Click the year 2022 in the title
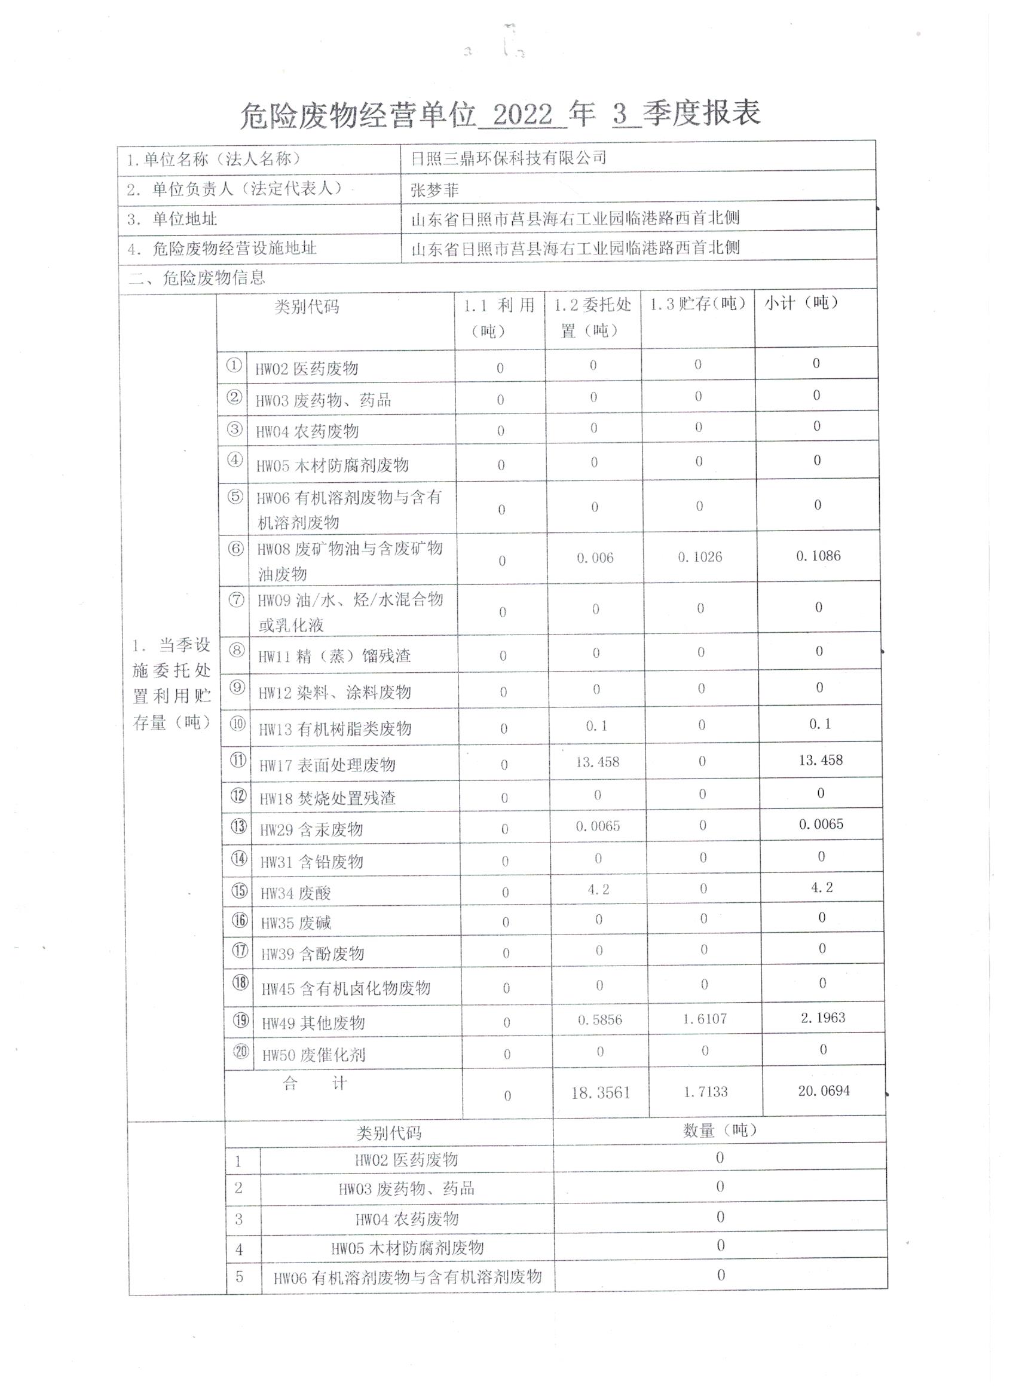(x=522, y=115)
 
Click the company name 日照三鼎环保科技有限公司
(x=509, y=158)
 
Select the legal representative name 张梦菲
(x=434, y=190)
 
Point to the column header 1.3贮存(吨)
(x=697, y=304)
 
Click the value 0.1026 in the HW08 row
(x=700, y=557)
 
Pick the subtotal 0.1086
(x=818, y=556)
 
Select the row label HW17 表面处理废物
(x=326, y=765)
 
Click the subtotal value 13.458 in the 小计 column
(x=821, y=760)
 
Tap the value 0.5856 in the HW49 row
(x=599, y=1019)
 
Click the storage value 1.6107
(x=704, y=1019)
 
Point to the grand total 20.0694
(x=824, y=1091)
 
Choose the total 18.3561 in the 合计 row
(x=600, y=1093)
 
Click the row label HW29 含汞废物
(x=311, y=830)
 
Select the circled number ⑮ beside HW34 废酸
(x=239, y=891)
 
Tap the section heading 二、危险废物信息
(x=197, y=278)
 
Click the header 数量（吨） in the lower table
(x=720, y=1131)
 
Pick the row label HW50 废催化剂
(x=314, y=1055)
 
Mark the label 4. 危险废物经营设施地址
(x=222, y=248)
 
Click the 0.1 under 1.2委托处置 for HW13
(x=596, y=726)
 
